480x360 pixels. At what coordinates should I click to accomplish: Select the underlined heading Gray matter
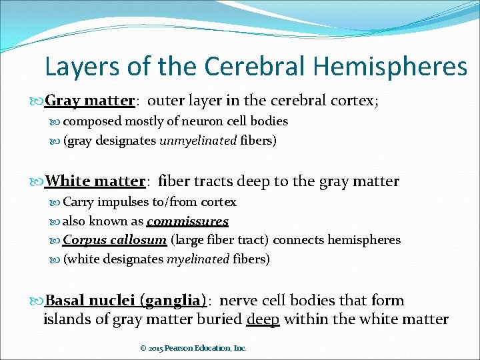[x=89, y=101]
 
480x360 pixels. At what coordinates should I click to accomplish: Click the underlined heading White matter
[x=95, y=181]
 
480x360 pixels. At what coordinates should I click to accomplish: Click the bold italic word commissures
[x=187, y=221]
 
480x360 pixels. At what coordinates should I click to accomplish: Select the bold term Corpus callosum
[x=115, y=240]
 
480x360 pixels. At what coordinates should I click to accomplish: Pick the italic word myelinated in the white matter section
[x=198, y=259]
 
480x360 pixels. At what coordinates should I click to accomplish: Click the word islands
[x=67, y=319]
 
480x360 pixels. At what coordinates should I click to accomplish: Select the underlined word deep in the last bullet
[x=263, y=319]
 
